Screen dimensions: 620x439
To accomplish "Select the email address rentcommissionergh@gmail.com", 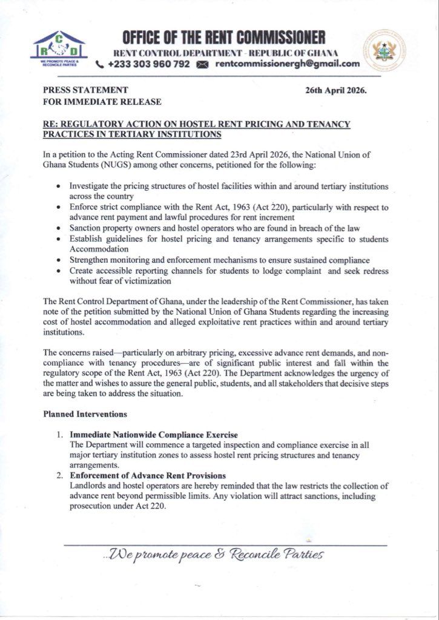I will point(287,64).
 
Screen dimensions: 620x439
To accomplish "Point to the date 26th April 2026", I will point(337,90).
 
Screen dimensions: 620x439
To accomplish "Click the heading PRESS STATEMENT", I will point(85,90).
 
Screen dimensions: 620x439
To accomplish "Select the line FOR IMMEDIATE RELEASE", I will point(102,102).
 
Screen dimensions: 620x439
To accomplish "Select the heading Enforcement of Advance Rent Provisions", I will point(148,475).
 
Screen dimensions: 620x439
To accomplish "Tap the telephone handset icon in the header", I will point(100,64).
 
